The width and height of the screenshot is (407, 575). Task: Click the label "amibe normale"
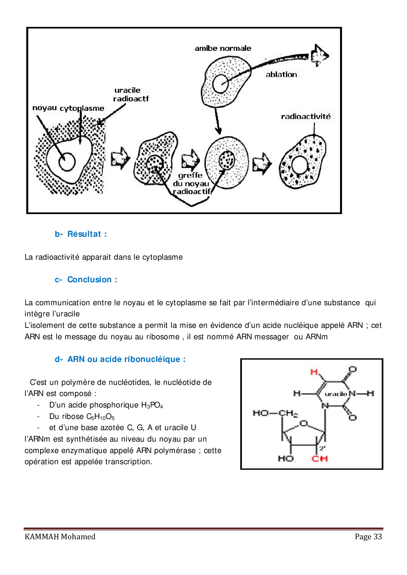223,49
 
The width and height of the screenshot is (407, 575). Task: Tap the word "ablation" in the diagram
281,75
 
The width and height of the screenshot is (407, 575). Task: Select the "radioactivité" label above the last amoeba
306,116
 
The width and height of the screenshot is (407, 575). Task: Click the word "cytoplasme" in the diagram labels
82,108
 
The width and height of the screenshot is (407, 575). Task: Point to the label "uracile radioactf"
131,94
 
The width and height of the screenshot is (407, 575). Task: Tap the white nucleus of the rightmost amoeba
299,165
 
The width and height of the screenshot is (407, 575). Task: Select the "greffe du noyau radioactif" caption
191,184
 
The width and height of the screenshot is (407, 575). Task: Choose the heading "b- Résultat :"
81,234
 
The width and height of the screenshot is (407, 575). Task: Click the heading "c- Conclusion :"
86,280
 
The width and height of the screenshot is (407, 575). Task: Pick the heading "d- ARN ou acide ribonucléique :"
120,359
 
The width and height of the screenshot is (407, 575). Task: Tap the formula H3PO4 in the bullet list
152,405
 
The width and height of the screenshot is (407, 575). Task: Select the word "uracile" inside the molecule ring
336,394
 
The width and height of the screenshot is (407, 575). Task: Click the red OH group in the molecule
320,458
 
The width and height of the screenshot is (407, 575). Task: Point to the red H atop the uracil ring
314,372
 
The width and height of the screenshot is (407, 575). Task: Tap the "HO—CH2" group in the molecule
275,413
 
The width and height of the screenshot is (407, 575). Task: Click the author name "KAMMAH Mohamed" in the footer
60,537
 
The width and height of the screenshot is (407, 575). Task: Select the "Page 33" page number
368,537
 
